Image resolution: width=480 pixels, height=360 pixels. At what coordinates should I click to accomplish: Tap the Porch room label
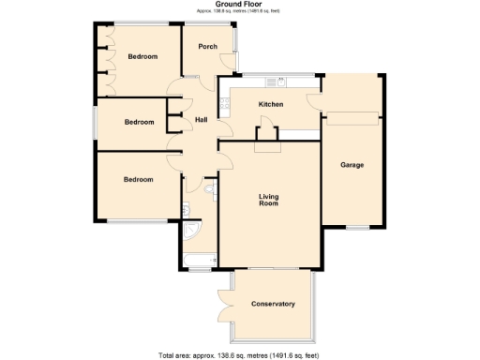click(x=208, y=47)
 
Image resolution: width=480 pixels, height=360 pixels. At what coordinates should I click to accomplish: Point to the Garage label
click(x=352, y=165)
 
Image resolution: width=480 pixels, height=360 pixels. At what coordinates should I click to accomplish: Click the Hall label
click(x=201, y=120)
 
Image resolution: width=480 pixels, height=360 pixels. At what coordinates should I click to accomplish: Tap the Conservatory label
click(x=274, y=304)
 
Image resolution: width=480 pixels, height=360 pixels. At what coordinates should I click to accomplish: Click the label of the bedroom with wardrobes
click(x=142, y=57)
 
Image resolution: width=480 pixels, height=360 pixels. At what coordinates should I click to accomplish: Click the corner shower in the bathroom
click(x=192, y=230)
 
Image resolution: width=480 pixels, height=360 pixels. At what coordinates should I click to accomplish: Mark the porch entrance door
click(x=228, y=64)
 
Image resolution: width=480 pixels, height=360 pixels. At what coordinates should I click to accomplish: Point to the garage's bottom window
click(x=356, y=227)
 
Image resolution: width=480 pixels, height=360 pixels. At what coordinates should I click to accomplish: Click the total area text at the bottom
click(x=240, y=354)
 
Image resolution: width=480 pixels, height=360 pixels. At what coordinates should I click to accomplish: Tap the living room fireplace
click(x=268, y=145)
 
